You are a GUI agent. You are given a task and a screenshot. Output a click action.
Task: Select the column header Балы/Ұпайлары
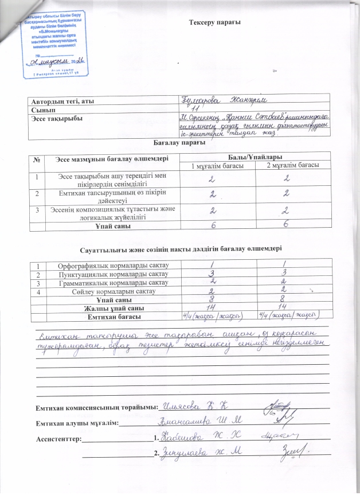254,157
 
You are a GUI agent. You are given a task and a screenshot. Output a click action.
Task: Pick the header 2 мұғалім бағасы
293,166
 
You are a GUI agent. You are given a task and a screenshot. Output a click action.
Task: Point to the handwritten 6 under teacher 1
216,227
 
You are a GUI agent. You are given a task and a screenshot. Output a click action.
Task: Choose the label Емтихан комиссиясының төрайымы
96,407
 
